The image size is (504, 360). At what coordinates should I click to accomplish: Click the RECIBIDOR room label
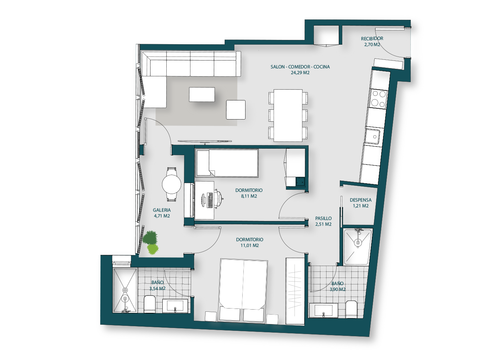point(372,39)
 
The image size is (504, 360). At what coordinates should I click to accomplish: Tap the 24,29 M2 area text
point(300,73)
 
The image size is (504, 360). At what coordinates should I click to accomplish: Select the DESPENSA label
point(360,200)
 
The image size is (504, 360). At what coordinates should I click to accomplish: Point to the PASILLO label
point(323,218)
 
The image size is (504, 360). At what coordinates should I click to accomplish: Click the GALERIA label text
point(162,210)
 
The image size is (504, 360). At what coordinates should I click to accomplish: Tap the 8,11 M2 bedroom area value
point(249,196)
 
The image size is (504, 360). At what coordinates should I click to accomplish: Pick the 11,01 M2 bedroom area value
point(249,245)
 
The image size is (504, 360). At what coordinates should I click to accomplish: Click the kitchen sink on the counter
point(373,136)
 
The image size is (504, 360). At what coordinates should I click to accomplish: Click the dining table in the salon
point(288,116)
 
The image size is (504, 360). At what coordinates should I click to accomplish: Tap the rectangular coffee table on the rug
point(202,94)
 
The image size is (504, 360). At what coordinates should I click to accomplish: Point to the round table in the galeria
point(171,184)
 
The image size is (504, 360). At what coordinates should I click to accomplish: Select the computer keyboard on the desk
point(210,200)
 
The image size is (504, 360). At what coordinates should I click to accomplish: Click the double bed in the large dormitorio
point(243,290)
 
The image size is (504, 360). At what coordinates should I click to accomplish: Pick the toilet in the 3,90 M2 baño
point(351,309)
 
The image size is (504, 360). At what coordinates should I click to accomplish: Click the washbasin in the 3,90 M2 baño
point(324,310)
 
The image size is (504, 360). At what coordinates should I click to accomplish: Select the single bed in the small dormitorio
point(227,163)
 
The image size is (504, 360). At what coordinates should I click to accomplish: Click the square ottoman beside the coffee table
point(235,110)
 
